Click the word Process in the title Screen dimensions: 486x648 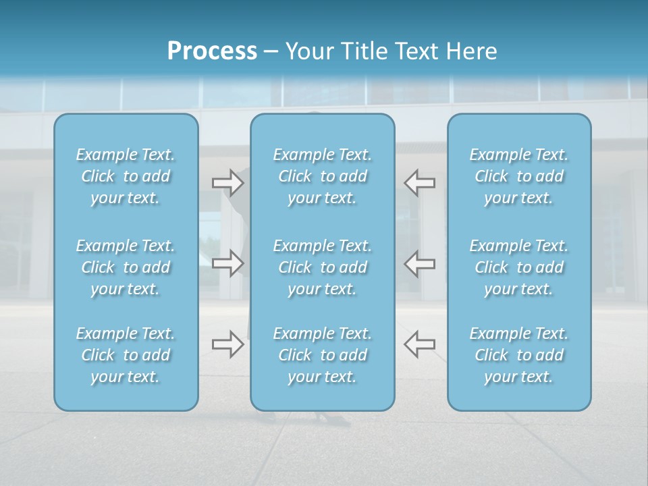(212, 51)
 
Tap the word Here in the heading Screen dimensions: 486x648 (472, 51)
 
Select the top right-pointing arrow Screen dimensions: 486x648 (227, 182)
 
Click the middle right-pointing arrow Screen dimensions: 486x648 (227, 263)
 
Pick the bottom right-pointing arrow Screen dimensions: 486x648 (227, 344)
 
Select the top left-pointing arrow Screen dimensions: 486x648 (419, 182)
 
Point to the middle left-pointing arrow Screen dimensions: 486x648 (419, 263)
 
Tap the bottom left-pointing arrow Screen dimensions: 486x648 (419, 344)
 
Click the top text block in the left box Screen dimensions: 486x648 (126, 176)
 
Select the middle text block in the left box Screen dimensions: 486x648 (126, 267)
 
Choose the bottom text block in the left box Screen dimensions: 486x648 (126, 355)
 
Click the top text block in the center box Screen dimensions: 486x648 (323, 176)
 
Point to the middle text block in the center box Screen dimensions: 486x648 (323, 267)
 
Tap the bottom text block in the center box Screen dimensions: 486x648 (323, 355)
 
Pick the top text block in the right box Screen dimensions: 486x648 (519, 176)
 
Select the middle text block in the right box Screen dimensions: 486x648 (519, 267)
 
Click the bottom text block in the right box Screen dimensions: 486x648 (519, 355)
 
